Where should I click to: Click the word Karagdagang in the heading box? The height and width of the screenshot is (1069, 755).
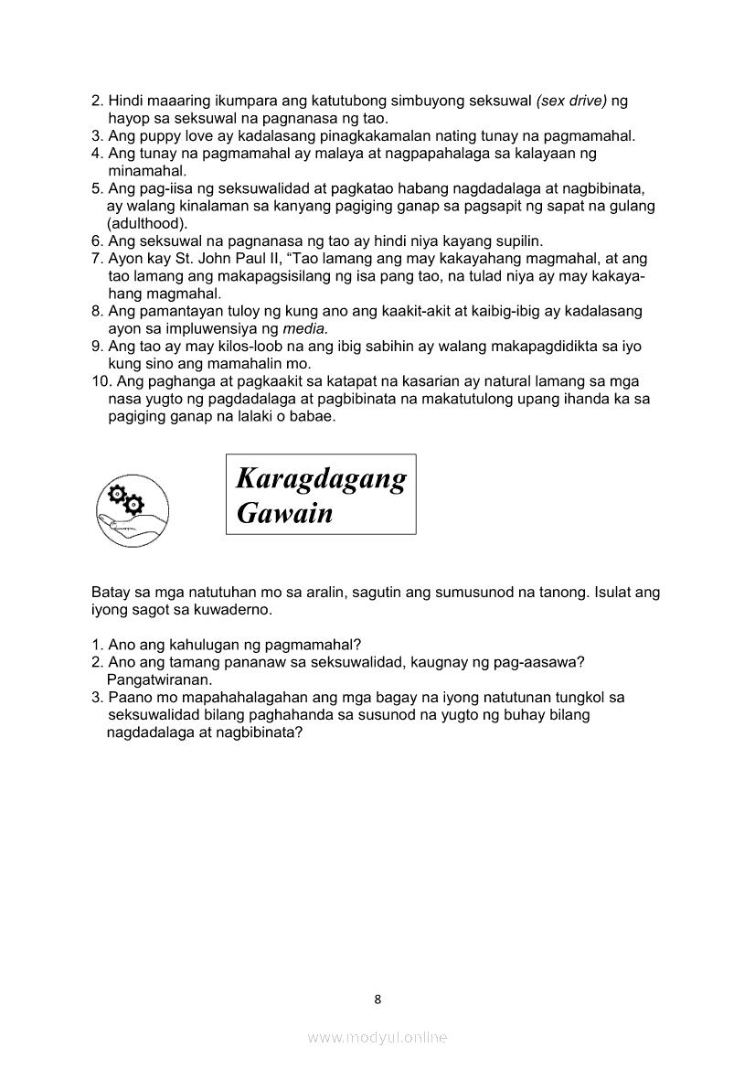[x=321, y=478]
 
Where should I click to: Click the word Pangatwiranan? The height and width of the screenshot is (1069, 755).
[x=159, y=679]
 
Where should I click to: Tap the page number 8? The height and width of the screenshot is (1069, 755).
[x=377, y=999]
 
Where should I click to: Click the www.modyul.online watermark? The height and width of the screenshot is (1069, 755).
[x=377, y=1037]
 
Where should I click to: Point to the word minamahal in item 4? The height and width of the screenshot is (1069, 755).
[x=146, y=171]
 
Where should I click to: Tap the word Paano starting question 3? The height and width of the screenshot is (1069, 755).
[x=129, y=697]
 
